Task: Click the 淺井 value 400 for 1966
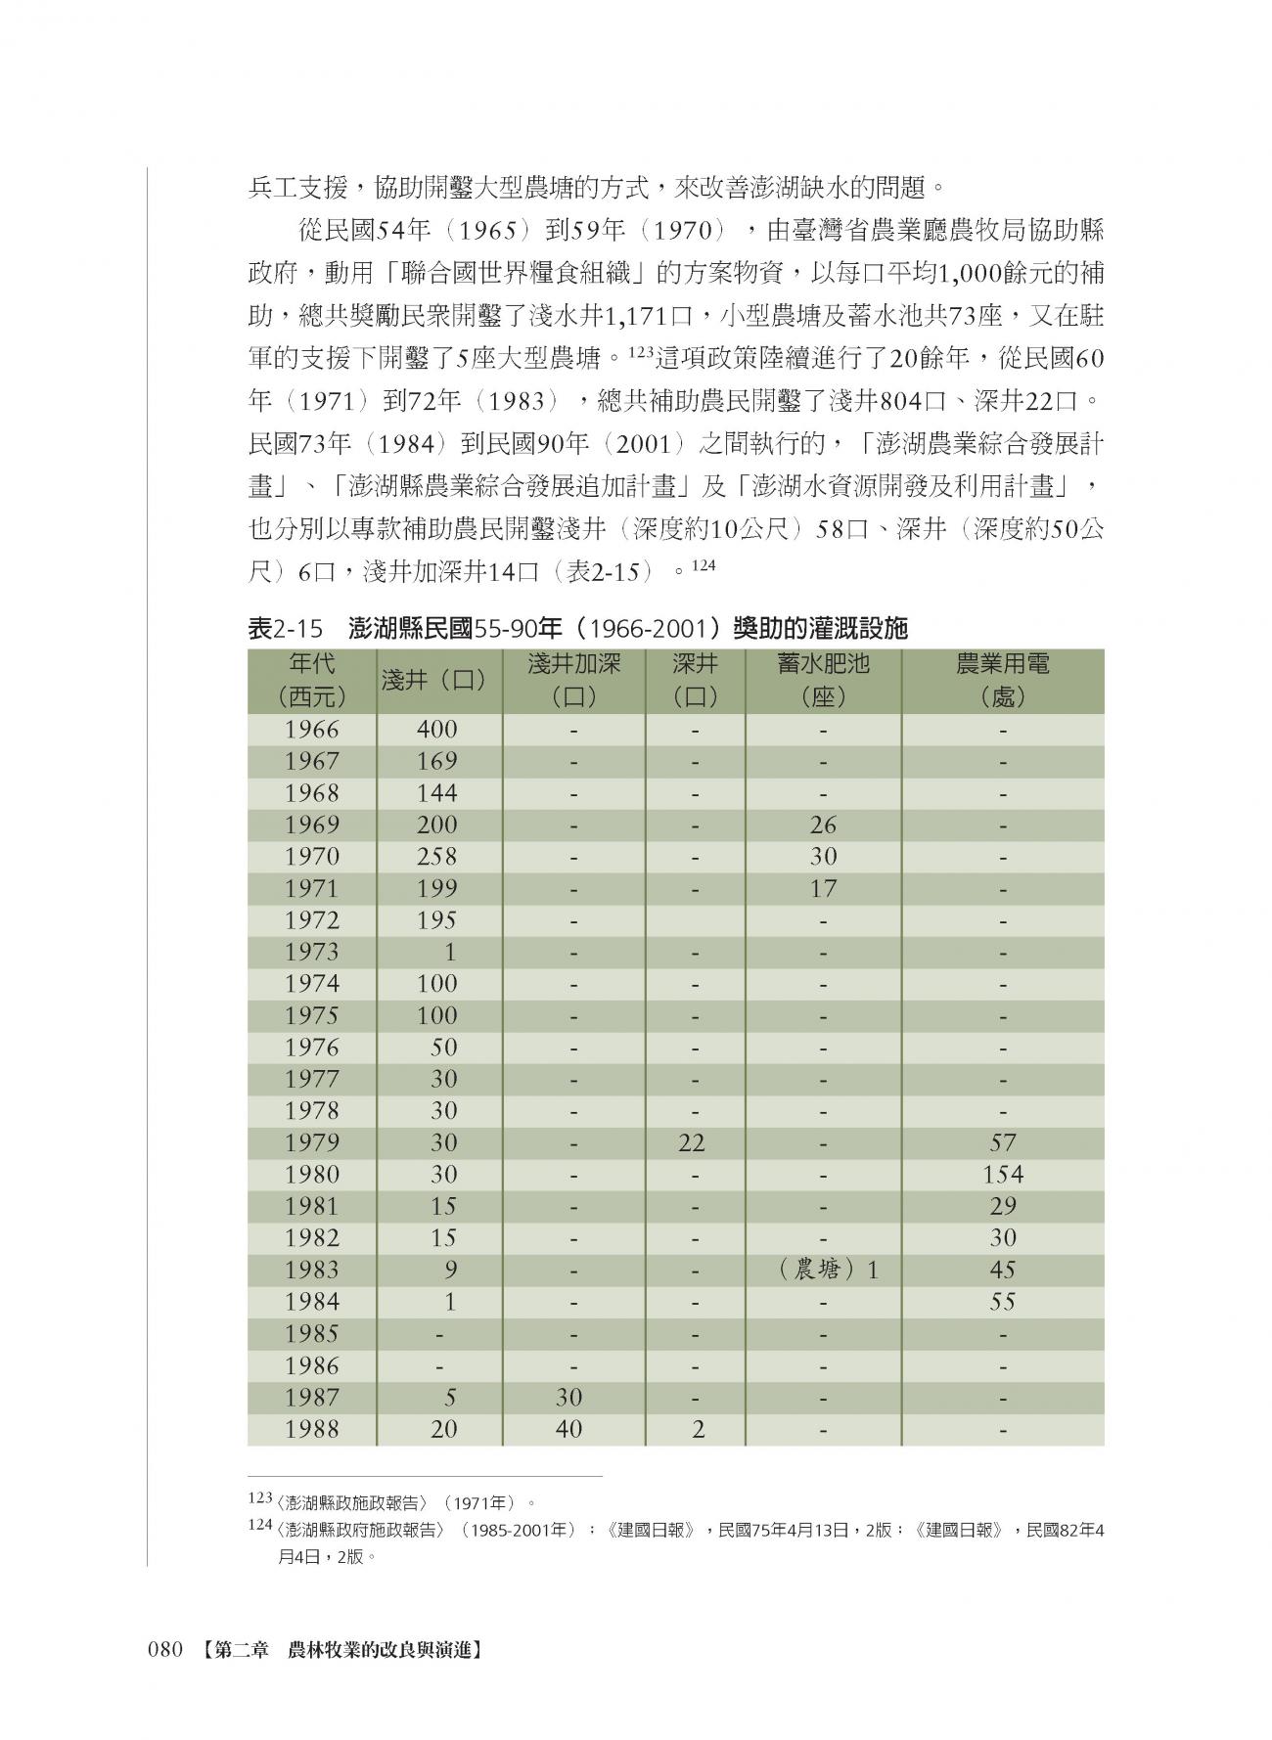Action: click(x=436, y=730)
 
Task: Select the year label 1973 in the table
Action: click(x=311, y=952)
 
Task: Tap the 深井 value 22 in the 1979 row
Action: click(x=692, y=1142)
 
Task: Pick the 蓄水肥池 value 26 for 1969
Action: click(x=823, y=825)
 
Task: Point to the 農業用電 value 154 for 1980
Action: click(x=1003, y=1174)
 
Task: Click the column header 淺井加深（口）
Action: click(x=573, y=681)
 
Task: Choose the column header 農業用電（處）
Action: click(x=1003, y=681)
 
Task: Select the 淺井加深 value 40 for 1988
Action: click(x=568, y=1429)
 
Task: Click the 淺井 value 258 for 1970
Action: click(x=436, y=857)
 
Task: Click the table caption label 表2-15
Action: click(x=285, y=629)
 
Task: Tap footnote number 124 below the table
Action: click(x=259, y=1525)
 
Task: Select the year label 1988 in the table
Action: click(x=311, y=1429)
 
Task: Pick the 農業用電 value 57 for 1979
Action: click(x=1003, y=1142)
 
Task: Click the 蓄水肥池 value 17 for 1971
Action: click(x=823, y=888)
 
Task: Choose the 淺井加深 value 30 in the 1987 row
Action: click(x=568, y=1398)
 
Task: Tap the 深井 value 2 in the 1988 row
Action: click(x=698, y=1429)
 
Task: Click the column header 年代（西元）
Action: click(x=311, y=681)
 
